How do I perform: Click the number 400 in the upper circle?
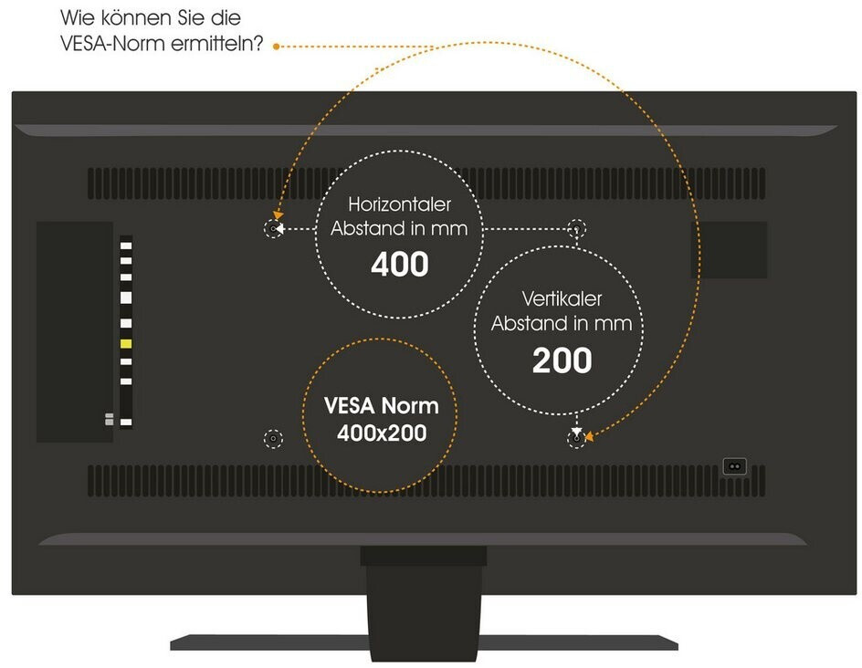tap(399, 265)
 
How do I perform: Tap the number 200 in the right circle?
tap(562, 360)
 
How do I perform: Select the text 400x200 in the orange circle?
tap(381, 433)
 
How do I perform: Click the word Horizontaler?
tap(399, 205)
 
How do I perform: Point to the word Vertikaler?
tap(562, 298)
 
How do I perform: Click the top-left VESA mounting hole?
tap(273, 228)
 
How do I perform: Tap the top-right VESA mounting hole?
tap(575, 228)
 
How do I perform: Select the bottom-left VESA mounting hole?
tap(273, 439)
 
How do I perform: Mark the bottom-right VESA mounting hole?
tap(575, 439)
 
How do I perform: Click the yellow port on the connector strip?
tap(126, 343)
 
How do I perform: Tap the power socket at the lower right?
tap(734, 465)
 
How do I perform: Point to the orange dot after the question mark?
tap(276, 44)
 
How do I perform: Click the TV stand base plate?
tap(424, 642)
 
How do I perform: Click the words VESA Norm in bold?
tap(381, 406)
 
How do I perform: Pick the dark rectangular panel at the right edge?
tap(735, 249)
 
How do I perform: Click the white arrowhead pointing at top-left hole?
tap(282, 228)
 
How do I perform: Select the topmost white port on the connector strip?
tap(126, 244)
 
